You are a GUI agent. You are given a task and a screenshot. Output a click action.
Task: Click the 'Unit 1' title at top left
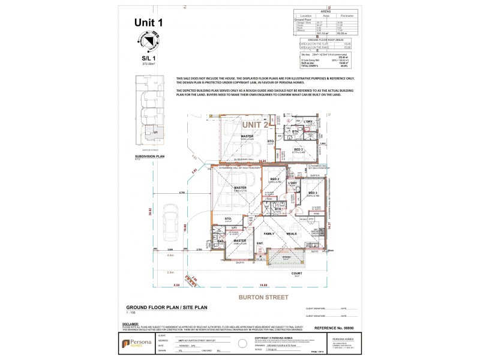pos(148,23)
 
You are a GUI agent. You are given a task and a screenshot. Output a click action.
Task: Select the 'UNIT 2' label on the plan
pos(256,124)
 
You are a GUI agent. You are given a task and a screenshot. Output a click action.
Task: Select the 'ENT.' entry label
pos(260,243)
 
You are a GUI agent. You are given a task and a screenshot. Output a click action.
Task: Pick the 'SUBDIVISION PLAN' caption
pos(149,155)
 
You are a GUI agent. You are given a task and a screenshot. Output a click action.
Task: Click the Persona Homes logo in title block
pos(132,343)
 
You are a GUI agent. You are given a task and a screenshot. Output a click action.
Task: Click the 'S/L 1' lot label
pos(148,58)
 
